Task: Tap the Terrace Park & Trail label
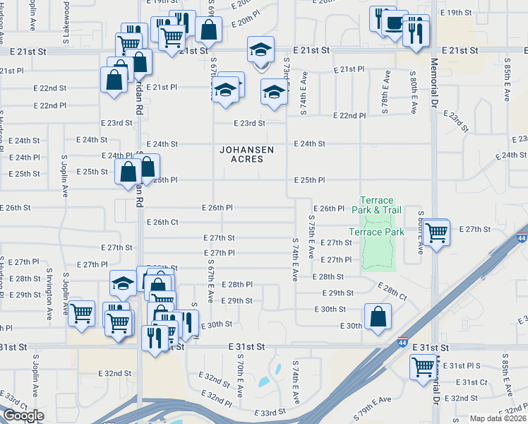click(x=380, y=205)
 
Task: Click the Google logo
click(x=23, y=416)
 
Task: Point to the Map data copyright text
click(x=497, y=418)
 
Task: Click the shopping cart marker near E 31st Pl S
click(x=423, y=366)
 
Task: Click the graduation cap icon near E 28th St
click(x=123, y=283)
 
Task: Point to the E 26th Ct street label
click(x=162, y=222)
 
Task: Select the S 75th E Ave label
click(x=311, y=237)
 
